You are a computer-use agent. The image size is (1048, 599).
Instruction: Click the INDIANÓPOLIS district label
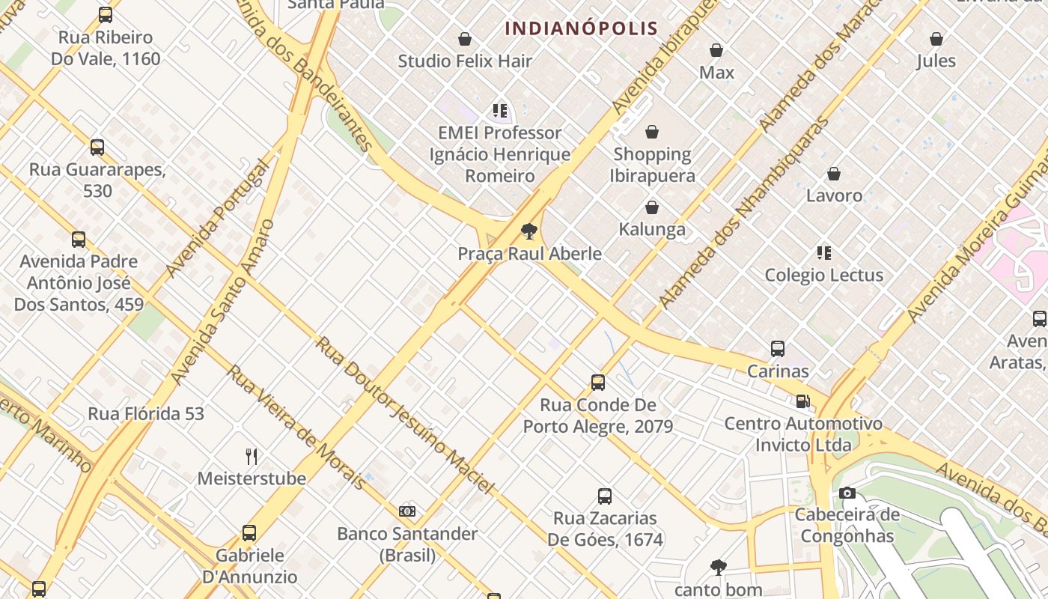tap(581, 29)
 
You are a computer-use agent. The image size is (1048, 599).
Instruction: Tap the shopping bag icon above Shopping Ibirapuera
tap(652, 133)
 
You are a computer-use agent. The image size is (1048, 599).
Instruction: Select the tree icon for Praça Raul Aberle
tap(530, 231)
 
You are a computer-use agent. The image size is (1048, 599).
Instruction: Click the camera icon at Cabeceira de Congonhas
tap(847, 493)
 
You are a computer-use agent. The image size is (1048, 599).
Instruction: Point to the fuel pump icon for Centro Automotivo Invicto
tap(802, 401)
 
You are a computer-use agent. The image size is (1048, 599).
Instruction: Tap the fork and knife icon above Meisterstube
tap(252, 456)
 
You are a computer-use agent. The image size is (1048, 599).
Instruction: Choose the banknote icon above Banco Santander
tap(407, 511)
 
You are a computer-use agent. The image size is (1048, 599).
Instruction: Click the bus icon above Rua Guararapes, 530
tap(97, 148)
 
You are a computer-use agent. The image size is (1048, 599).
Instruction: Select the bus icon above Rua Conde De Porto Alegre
tap(597, 383)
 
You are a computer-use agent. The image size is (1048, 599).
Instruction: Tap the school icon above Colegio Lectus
tap(824, 253)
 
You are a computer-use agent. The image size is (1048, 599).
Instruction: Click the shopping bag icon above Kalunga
tap(652, 207)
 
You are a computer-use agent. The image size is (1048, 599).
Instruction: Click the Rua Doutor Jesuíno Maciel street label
tap(404, 415)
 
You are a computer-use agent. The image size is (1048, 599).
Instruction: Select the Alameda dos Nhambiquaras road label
tap(744, 211)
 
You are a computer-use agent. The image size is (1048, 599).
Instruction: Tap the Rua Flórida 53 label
tap(146, 413)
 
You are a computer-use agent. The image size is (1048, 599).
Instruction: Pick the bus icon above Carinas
tap(778, 349)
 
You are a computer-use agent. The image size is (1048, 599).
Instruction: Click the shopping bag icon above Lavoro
tap(834, 174)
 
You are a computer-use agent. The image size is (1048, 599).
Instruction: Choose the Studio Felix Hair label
tap(465, 61)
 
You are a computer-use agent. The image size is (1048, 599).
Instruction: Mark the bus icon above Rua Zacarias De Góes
tap(605, 496)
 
